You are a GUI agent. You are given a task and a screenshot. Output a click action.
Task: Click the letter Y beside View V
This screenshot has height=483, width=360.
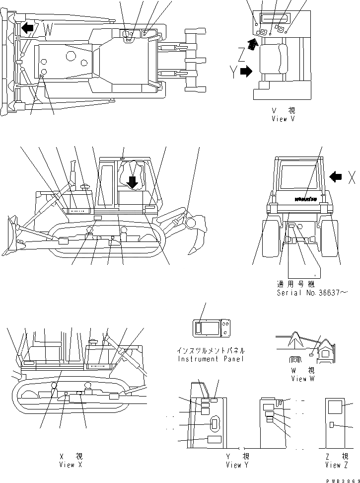click(233, 73)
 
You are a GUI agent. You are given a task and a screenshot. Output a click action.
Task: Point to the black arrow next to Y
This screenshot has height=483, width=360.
click(246, 73)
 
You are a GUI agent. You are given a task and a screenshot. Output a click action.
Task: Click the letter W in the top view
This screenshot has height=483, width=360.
click(48, 30)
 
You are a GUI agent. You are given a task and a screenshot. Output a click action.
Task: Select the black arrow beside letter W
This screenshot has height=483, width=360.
click(28, 29)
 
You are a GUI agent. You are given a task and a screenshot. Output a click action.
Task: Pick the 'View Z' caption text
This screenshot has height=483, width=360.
click(340, 465)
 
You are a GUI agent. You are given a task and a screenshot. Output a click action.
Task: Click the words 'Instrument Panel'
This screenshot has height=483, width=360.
click(211, 359)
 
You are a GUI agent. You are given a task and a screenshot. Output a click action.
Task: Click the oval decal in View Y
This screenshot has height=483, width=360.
click(215, 424)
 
